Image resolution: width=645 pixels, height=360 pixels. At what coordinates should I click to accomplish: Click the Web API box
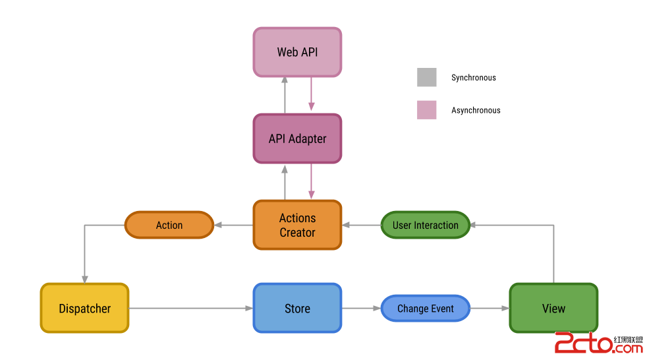pyautogui.click(x=297, y=52)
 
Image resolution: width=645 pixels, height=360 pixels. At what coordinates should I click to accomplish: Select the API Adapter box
pyautogui.click(x=297, y=138)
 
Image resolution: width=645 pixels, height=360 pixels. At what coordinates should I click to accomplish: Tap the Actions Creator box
pyautogui.click(x=297, y=225)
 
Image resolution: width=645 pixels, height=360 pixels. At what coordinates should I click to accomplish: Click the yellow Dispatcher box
pyautogui.click(x=84, y=309)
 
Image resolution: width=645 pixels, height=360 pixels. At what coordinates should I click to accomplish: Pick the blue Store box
pyautogui.click(x=297, y=309)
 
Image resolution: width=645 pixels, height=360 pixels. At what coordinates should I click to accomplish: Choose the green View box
pyautogui.click(x=553, y=309)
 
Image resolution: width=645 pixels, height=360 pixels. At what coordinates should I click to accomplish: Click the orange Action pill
pyautogui.click(x=169, y=225)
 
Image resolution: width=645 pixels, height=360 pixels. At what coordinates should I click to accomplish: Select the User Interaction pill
pyautogui.click(x=425, y=225)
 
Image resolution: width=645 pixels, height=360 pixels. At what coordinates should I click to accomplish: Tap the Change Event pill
pyautogui.click(x=425, y=309)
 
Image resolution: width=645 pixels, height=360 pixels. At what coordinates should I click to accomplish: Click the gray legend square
pyautogui.click(x=426, y=78)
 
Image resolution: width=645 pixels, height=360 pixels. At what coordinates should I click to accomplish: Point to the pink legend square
pyautogui.click(x=426, y=109)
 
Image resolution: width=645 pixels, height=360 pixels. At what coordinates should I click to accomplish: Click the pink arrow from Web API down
pyautogui.click(x=311, y=96)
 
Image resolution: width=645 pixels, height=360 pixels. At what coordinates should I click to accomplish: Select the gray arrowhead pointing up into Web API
pyautogui.click(x=285, y=80)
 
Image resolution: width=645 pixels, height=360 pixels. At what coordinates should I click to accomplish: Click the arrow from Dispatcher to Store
pyautogui.click(x=191, y=309)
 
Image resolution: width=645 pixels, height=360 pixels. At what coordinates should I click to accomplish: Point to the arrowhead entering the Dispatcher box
pyautogui.click(x=84, y=279)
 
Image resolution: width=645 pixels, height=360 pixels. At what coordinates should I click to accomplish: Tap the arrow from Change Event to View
pyautogui.click(x=490, y=309)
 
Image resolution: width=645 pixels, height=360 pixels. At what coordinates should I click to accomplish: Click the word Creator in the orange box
pyautogui.click(x=297, y=233)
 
